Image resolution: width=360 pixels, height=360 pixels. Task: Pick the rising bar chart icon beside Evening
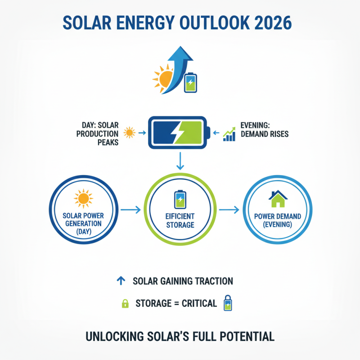tap(230, 135)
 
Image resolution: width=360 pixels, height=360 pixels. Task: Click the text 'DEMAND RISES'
tap(265, 134)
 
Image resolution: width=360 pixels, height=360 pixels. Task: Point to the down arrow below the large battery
tap(180, 160)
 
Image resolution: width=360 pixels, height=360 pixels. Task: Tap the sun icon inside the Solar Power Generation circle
tap(84, 198)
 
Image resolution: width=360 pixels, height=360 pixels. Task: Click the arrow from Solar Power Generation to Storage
tap(129, 210)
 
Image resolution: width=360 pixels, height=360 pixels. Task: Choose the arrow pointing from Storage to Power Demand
tap(229, 210)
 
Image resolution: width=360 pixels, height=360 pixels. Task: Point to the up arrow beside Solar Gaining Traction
tap(120, 281)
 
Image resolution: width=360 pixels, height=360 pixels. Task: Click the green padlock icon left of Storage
tap(125, 303)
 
